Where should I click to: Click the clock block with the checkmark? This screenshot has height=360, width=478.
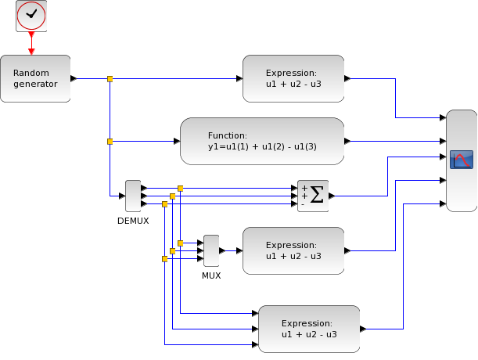click(x=31, y=16)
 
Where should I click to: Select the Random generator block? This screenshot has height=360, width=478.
click(x=35, y=79)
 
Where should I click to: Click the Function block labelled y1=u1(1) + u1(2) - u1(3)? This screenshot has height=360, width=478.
click(x=262, y=141)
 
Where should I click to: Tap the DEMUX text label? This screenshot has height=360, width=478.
click(x=133, y=221)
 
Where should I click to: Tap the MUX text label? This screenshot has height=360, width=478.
click(x=211, y=275)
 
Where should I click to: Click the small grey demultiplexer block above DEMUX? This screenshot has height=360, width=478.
click(x=133, y=196)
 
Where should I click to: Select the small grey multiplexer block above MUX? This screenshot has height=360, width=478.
click(x=211, y=250)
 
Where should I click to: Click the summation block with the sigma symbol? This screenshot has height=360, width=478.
click(x=313, y=196)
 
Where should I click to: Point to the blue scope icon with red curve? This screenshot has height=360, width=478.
click(x=462, y=160)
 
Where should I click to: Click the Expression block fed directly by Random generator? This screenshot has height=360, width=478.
click(x=293, y=79)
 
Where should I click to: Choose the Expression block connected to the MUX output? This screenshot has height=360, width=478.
click(x=293, y=250)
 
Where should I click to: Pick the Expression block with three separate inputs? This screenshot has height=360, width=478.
click(x=309, y=329)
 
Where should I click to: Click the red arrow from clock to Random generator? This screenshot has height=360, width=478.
click(x=31, y=43)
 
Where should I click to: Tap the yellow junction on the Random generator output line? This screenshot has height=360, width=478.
click(x=110, y=79)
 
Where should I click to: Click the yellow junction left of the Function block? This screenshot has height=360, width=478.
click(x=110, y=142)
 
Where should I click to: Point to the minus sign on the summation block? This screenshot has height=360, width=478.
click(x=303, y=204)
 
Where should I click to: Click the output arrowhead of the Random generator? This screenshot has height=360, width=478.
click(x=74, y=79)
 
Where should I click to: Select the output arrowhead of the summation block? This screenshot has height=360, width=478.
click(x=332, y=196)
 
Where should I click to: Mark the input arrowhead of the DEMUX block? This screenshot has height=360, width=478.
click(x=122, y=196)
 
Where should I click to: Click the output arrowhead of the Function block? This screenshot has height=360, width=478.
click(x=347, y=141)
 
